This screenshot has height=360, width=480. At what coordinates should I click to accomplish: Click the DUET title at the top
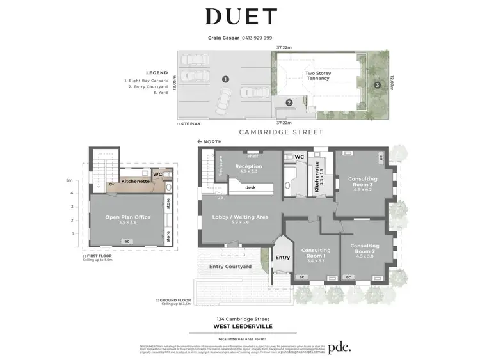click(x=241, y=17)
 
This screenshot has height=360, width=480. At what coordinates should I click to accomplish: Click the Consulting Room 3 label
click(x=362, y=182)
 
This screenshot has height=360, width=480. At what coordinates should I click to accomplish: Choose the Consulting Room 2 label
click(x=365, y=248)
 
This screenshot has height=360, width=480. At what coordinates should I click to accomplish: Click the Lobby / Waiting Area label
click(x=239, y=217)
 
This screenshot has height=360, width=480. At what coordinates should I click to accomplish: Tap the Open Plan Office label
click(x=128, y=218)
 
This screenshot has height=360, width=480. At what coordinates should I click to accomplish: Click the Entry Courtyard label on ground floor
click(x=230, y=267)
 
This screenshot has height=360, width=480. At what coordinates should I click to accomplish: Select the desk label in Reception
click(x=250, y=187)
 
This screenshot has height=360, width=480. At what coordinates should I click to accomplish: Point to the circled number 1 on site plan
click(x=225, y=79)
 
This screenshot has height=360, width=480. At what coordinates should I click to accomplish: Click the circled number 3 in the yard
click(x=378, y=84)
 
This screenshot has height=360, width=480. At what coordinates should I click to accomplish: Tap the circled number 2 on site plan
click(x=289, y=102)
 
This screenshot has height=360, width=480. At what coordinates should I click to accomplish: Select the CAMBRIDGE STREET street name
click(x=280, y=132)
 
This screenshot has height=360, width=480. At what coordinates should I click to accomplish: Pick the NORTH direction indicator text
click(x=211, y=141)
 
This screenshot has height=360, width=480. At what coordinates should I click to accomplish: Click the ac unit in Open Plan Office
click(x=127, y=240)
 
